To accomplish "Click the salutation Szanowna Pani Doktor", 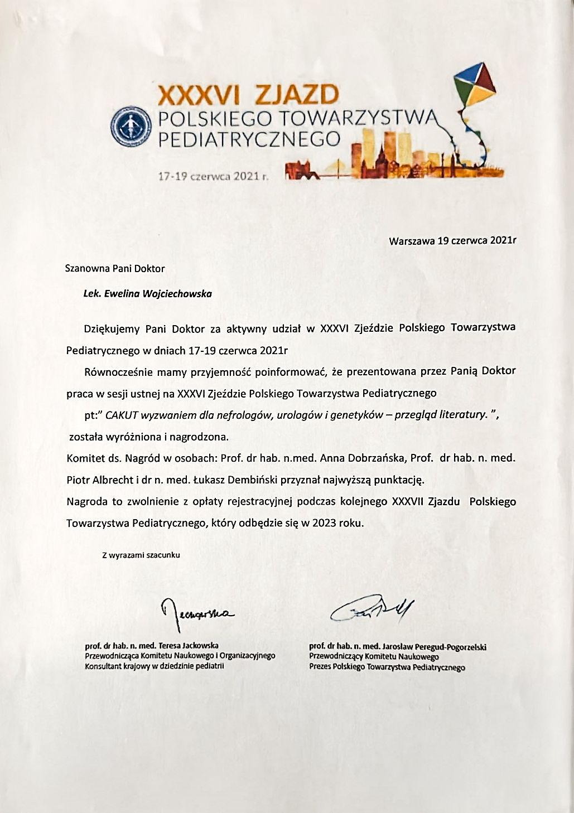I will click(x=115, y=268).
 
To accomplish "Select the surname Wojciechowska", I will click(x=177, y=293).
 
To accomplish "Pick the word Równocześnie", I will click(x=118, y=371).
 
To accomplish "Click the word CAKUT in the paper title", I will click(x=119, y=415).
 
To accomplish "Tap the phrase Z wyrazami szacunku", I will click(x=141, y=555).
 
